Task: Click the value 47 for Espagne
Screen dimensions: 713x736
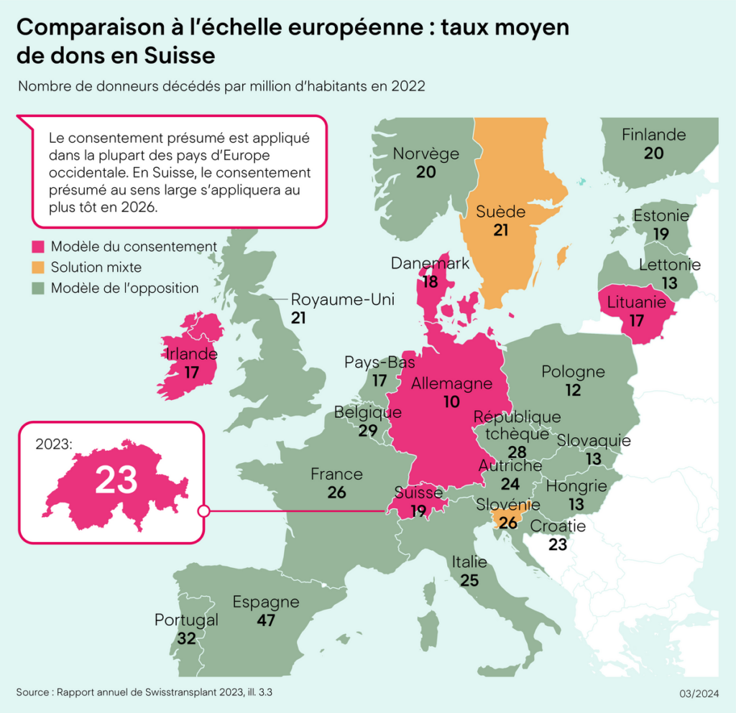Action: click(266, 620)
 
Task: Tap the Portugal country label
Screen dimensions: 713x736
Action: click(186, 620)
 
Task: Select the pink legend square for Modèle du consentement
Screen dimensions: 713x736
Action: click(38, 247)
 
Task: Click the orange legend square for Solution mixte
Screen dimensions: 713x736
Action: click(38, 268)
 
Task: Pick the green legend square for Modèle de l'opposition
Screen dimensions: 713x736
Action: click(38, 289)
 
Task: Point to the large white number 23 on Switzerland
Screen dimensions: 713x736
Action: click(116, 480)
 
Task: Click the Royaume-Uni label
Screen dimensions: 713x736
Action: click(337, 299)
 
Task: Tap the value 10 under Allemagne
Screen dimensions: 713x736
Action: click(451, 402)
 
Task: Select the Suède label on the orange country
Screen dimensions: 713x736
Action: click(501, 212)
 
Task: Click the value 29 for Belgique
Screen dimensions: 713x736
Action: click(368, 431)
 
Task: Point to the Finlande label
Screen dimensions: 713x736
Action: click(653, 135)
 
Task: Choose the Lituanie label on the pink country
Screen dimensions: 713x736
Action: click(637, 302)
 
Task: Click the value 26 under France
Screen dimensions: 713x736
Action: click(336, 493)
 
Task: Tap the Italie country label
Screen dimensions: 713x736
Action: click(469, 561)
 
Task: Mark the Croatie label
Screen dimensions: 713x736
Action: click(558, 526)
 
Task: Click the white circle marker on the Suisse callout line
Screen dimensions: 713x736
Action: click(203, 511)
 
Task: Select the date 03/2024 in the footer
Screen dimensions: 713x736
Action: click(699, 693)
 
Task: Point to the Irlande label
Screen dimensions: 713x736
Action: click(191, 354)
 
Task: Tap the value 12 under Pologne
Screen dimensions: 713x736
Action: click(573, 390)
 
